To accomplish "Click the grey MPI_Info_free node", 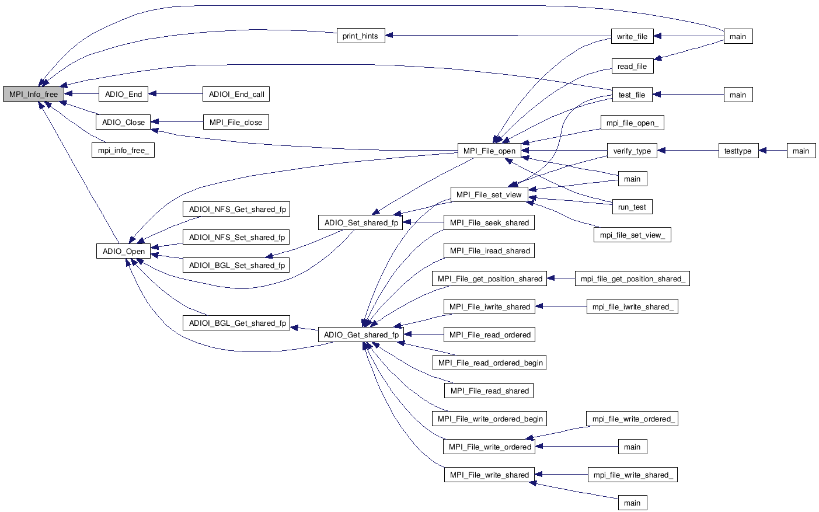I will [33, 94].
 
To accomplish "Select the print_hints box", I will [360, 36].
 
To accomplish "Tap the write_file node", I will [632, 36].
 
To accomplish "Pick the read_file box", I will [632, 67].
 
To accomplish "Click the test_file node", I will [632, 95].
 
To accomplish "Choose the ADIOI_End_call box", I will [236, 94].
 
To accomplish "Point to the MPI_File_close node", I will [236, 122].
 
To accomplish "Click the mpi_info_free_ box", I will [123, 151].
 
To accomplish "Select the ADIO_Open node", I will [123, 251].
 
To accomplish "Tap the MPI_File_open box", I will [489, 151].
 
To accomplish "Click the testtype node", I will [737, 151].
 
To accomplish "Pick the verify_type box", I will [632, 151].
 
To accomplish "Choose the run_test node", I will [632, 207].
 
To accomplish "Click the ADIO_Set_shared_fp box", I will [361, 222].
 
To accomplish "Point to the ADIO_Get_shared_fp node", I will [361, 335].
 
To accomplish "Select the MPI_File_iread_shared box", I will [489, 250].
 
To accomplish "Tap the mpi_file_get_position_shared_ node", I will [632, 278].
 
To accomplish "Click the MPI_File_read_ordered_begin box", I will [490, 363].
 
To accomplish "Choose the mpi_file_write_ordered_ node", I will [633, 419].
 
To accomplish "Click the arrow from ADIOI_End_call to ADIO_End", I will [175, 94].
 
